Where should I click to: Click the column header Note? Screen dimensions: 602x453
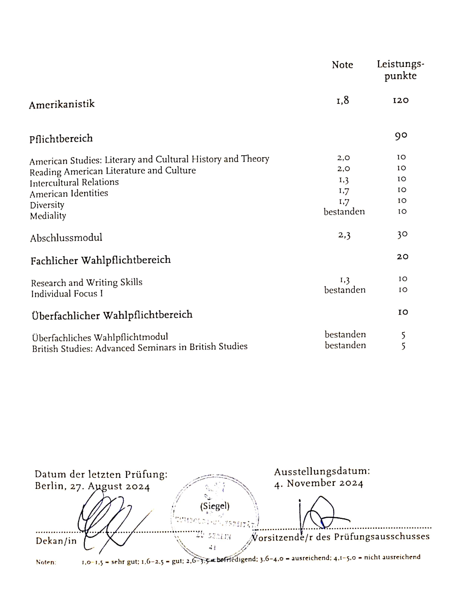point(342,65)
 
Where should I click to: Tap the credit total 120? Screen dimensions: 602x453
point(401,100)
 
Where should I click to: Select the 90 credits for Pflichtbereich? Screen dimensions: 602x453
point(401,136)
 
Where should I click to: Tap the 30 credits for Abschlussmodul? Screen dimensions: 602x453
point(402,234)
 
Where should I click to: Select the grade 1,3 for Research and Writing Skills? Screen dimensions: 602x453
point(345,280)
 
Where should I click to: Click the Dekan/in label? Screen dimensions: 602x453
point(56,541)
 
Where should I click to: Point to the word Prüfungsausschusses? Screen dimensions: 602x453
point(382,536)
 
